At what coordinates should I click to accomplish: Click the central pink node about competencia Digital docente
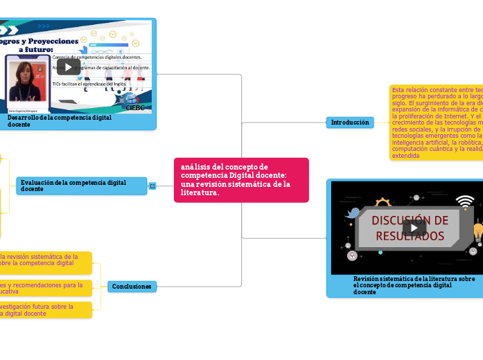(240, 179)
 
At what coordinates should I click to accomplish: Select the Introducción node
(350, 123)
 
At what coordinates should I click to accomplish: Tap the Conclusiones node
(132, 287)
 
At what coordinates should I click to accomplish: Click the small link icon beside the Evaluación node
(152, 186)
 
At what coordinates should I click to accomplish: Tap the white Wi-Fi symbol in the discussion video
(465, 201)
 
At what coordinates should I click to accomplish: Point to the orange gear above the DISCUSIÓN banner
(383, 204)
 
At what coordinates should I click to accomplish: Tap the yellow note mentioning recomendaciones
(45, 287)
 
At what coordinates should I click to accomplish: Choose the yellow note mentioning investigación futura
(45, 309)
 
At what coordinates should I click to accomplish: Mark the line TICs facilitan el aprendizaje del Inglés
(95, 84)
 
